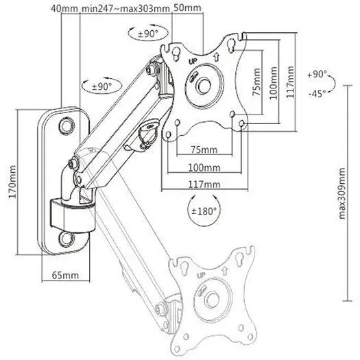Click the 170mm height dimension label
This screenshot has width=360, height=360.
click(12, 182)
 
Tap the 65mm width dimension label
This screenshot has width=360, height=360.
click(65, 275)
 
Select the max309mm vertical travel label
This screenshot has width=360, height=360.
click(342, 193)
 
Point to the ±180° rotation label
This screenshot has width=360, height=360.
click(204, 211)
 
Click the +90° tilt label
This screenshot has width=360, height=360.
click(317, 74)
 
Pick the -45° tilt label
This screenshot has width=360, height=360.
click(317, 93)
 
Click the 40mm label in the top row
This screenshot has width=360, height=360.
click(64, 9)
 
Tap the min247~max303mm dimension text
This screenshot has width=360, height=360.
click(125, 9)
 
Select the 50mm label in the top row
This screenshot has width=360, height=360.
click(187, 8)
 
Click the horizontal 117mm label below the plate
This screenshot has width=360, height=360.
click(204, 184)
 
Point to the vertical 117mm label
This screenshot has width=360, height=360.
click(291, 82)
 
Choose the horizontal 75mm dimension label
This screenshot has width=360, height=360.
click(204, 149)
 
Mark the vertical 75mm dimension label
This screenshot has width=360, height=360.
click(256, 82)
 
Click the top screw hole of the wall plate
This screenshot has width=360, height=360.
click(67, 125)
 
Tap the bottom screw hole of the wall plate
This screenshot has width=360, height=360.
click(67, 239)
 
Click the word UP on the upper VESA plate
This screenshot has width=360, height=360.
click(193, 62)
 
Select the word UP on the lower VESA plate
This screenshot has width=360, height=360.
click(202, 275)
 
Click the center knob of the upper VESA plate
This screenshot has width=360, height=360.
click(204, 86)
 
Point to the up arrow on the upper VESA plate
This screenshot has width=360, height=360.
click(216, 57)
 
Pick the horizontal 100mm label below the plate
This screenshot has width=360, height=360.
click(204, 167)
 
